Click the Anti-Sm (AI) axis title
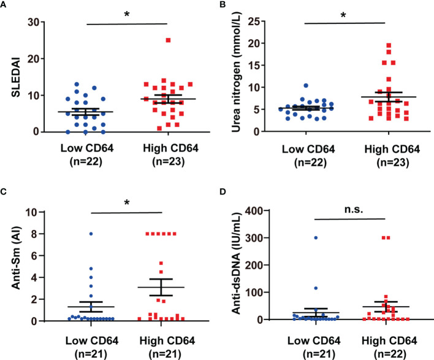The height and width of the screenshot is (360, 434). click(x=12, y=267)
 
